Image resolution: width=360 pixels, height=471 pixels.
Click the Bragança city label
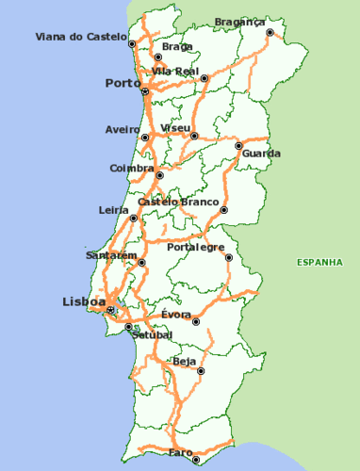(x=239, y=21)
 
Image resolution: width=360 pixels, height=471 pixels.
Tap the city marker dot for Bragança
(x=270, y=32)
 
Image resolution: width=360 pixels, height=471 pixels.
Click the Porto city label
(x=123, y=83)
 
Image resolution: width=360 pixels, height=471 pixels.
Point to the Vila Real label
(x=174, y=71)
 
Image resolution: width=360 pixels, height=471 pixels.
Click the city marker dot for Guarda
(x=238, y=145)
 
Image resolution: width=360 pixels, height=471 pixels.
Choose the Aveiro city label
(x=123, y=129)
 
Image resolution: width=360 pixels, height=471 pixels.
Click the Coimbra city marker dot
(x=159, y=175)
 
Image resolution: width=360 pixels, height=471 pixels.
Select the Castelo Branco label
(x=178, y=202)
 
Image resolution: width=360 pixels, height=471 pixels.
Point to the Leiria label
(x=114, y=210)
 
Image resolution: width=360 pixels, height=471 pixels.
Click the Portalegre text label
(x=196, y=247)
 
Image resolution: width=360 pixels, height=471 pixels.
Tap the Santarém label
(x=111, y=255)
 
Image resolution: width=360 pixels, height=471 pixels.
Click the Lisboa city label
(x=84, y=301)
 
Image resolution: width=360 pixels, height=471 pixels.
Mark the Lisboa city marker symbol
(x=111, y=309)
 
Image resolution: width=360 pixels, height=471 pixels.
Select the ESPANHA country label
(x=318, y=262)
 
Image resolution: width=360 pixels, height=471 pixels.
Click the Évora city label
(x=176, y=314)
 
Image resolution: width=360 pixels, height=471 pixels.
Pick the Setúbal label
(x=151, y=334)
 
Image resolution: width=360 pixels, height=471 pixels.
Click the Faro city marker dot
(x=196, y=461)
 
